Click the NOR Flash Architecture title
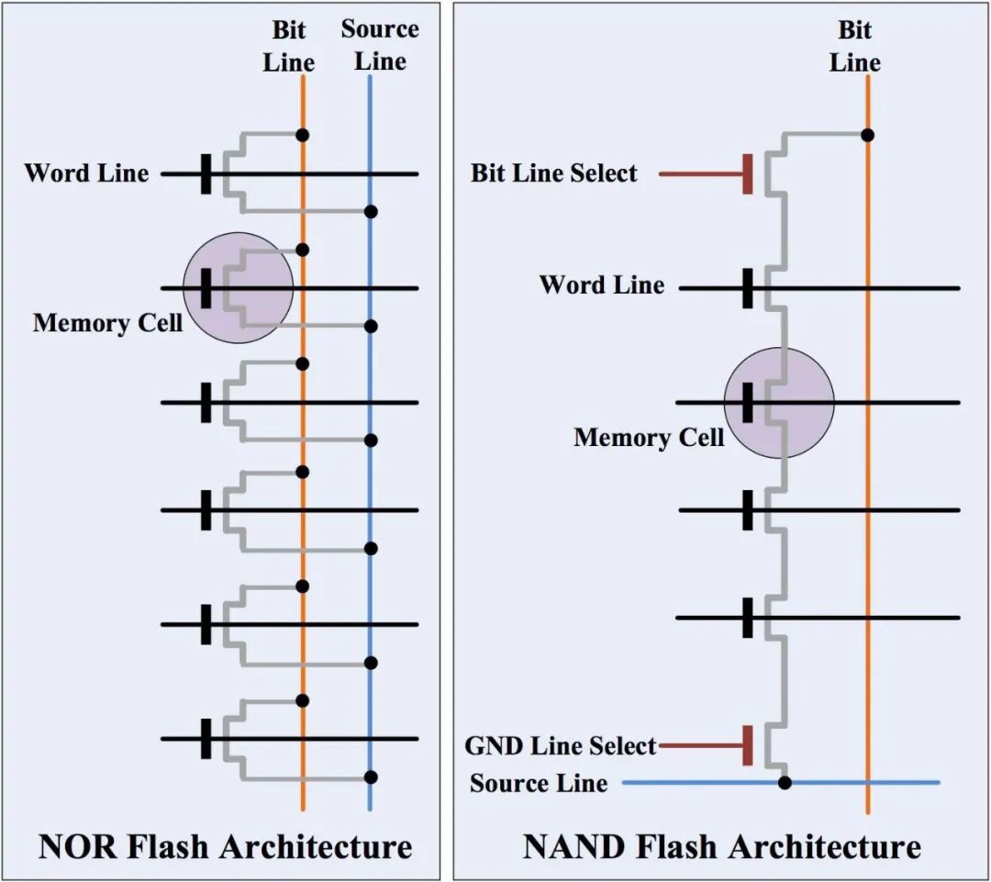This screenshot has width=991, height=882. [225, 845]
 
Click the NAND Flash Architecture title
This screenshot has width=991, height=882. [721, 845]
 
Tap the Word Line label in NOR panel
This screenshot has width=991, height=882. [86, 173]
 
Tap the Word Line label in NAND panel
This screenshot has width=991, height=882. [602, 285]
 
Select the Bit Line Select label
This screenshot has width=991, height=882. [553, 173]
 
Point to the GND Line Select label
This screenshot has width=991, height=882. [561, 745]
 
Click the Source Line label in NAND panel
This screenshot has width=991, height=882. [539, 783]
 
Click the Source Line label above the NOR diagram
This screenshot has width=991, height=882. [380, 45]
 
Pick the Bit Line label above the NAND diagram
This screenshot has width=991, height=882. [854, 46]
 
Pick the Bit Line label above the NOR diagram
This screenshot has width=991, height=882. [289, 46]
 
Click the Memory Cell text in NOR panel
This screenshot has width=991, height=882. [106, 323]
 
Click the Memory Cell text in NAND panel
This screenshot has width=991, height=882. [649, 437]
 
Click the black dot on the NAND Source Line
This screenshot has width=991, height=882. [785, 783]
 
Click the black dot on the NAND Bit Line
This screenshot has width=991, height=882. [867, 135]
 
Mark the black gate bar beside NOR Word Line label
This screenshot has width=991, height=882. [206, 173]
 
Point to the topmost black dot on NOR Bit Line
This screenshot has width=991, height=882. [303, 135]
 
